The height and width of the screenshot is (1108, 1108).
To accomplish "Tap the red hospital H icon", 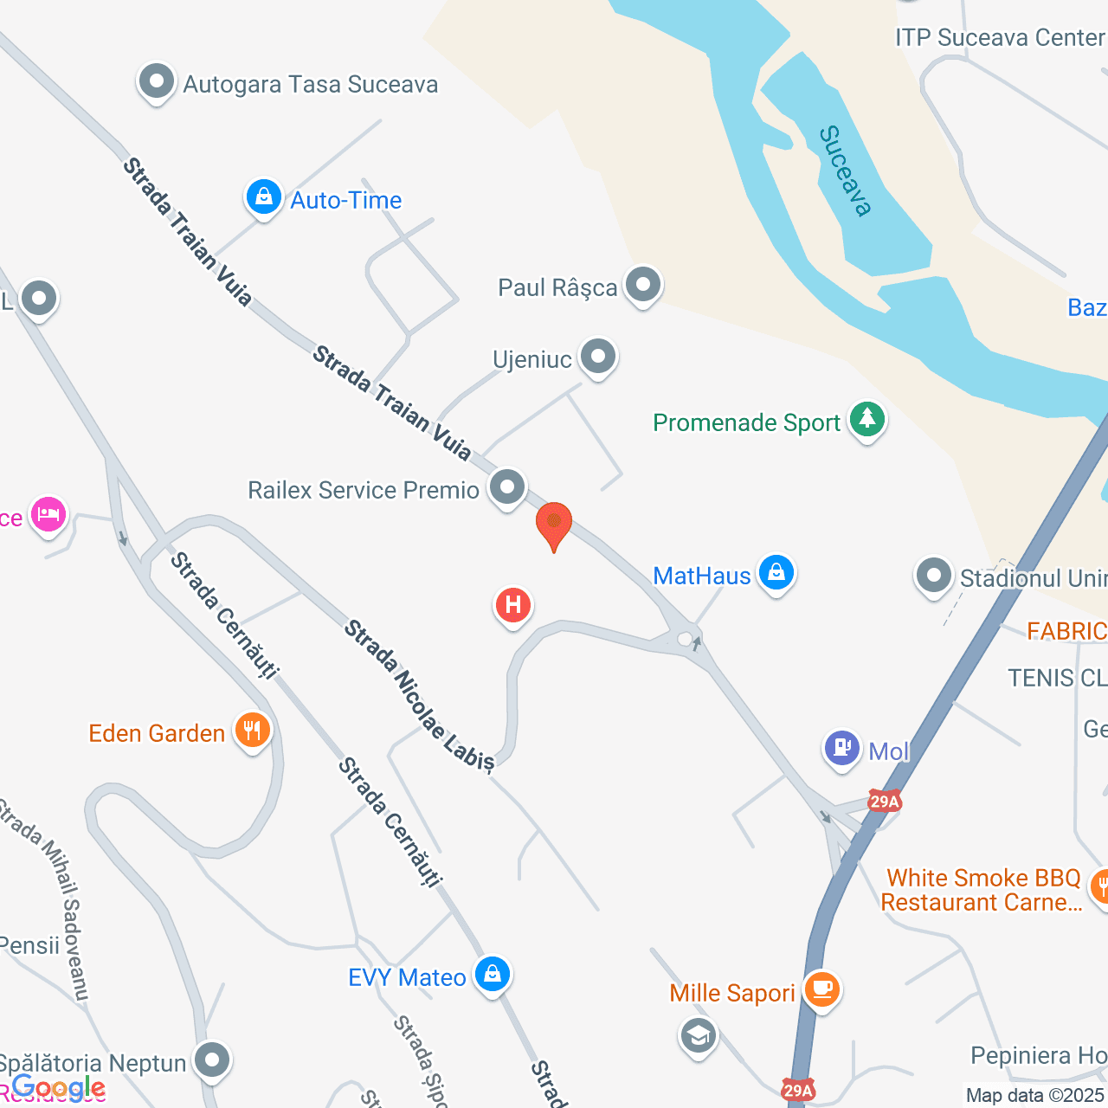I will (x=512, y=604).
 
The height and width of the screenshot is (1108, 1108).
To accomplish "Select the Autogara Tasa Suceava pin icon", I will (x=157, y=83).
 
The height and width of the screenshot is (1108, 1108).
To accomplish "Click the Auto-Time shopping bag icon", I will (x=263, y=198).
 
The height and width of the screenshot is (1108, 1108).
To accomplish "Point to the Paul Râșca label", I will (x=557, y=287).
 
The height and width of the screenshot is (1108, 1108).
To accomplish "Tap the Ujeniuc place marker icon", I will (x=597, y=357).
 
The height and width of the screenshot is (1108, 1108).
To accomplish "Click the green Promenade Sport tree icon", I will (x=866, y=420).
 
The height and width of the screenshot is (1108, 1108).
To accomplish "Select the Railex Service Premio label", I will (x=364, y=490).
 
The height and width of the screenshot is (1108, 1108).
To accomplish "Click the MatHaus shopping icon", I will (x=776, y=573).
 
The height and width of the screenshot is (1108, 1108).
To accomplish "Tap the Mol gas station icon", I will (x=841, y=748).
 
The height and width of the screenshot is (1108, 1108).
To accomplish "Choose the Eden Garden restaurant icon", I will (x=252, y=731).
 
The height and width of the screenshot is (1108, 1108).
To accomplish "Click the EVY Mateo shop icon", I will (x=493, y=975).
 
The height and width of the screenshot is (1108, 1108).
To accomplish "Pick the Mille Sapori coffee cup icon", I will (x=821, y=989).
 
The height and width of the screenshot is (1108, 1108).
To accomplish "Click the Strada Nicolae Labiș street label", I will (x=419, y=694).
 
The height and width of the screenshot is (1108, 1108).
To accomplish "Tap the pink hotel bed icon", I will (x=48, y=515).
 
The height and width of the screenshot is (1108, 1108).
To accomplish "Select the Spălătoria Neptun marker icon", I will (x=211, y=1060).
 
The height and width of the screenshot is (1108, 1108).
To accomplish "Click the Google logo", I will (x=59, y=1088).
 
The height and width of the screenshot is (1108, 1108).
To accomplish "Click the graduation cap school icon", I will (x=698, y=1035).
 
